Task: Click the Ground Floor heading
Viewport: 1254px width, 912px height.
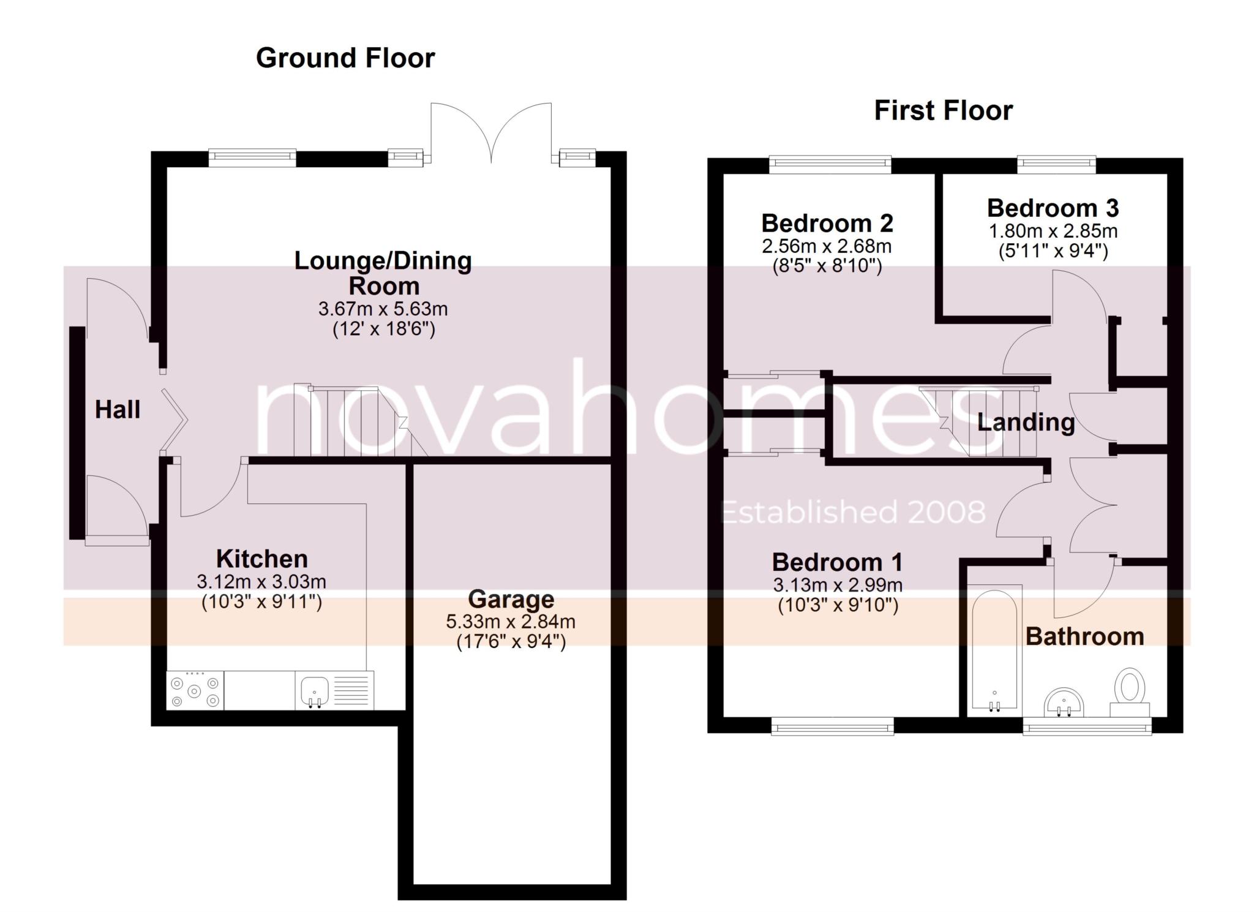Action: [x=345, y=58]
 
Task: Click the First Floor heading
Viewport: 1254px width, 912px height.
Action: [x=943, y=111]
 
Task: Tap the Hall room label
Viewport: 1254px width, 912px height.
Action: [x=118, y=409]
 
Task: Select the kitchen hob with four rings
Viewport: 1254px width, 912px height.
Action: [x=195, y=691]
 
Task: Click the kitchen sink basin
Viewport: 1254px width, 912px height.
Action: [x=315, y=691]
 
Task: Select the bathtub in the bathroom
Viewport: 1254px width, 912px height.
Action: [x=994, y=649]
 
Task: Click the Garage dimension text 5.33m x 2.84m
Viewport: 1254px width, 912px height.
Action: [x=510, y=622]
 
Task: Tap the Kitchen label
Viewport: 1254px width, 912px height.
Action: [x=261, y=559]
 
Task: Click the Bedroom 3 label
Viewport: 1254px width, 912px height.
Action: [x=1053, y=208]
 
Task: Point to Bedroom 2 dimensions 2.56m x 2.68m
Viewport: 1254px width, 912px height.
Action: [x=826, y=246]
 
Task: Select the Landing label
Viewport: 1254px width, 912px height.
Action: [x=1026, y=422]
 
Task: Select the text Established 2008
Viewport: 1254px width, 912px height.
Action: [x=854, y=512]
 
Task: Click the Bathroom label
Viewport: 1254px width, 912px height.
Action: [x=1084, y=636]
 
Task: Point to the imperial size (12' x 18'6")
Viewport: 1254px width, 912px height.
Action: [x=383, y=330]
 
